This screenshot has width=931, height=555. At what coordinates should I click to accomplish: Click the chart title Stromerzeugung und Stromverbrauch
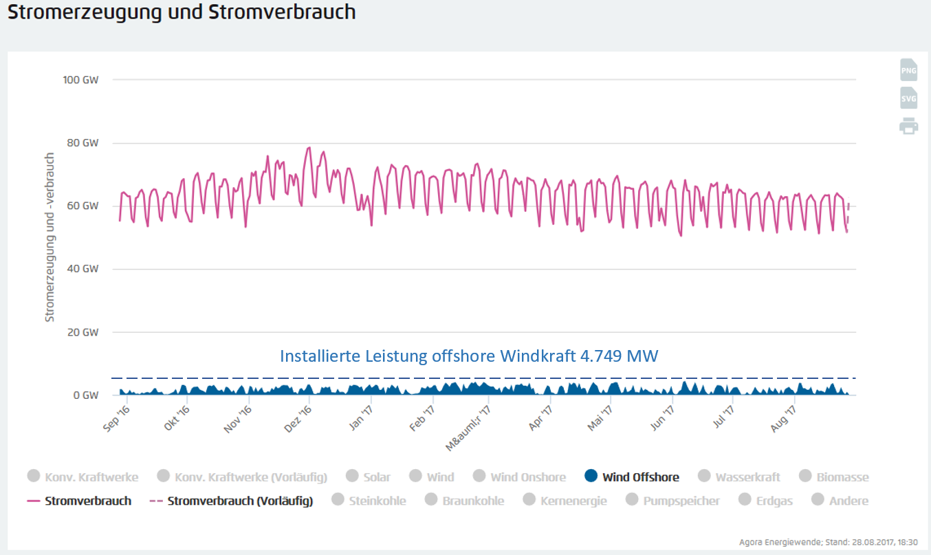(x=182, y=12)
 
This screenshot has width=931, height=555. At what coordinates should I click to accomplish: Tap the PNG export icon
(x=908, y=70)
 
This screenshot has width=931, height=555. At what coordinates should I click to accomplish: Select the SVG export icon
(x=908, y=98)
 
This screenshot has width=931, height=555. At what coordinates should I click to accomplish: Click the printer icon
(x=908, y=126)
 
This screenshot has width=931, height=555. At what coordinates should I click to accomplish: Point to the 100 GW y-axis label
(x=80, y=80)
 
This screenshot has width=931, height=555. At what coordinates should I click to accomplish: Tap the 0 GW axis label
(x=86, y=395)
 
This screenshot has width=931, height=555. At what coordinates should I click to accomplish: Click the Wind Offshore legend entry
(x=640, y=477)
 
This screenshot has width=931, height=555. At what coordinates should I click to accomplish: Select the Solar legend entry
(x=377, y=477)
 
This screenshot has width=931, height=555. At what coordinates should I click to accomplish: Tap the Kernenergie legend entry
(x=573, y=501)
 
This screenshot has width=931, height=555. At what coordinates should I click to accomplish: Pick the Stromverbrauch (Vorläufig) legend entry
(x=239, y=501)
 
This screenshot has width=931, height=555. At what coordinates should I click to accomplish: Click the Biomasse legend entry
(x=842, y=477)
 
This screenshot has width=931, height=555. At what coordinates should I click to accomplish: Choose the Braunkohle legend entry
(x=473, y=501)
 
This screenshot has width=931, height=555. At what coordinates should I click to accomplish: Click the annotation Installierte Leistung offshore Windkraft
(x=469, y=356)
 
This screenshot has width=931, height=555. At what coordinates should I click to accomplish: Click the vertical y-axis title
(x=50, y=237)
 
